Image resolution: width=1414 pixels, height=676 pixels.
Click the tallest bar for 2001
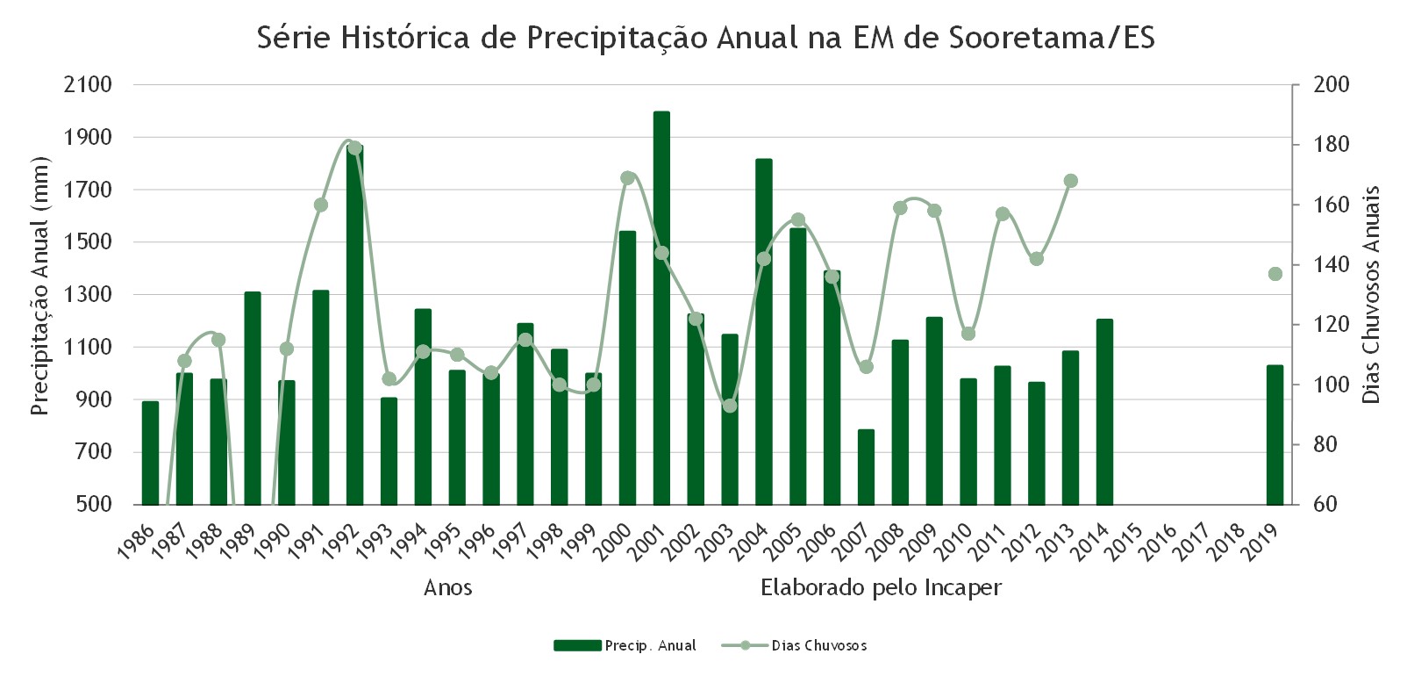click(x=661, y=307)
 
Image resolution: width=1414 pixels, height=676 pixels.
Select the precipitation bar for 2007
click(x=866, y=467)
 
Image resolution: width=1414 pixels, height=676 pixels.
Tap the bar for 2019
click(x=1275, y=435)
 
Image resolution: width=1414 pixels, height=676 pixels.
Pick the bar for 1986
click(x=150, y=453)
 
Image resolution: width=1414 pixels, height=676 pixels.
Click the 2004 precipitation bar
click(x=764, y=332)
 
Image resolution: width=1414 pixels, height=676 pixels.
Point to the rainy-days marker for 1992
click(x=354, y=147)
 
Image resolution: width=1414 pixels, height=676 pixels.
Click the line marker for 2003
click(x=730, y=406)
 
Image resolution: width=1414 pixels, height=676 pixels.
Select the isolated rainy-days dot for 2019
click(x=1275, y=274)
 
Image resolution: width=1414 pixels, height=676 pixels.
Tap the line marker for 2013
click(x=1071, y=181)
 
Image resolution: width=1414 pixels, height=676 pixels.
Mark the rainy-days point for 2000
click(x=627, y=177)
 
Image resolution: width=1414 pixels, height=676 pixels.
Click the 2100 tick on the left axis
click(x=88, y=84)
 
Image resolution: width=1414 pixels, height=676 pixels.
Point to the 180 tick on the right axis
click(x=1332, y=145)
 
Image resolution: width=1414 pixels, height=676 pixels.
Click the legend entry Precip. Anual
click(x=625, y=645)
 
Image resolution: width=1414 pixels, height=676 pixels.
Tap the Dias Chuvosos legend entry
click(x=794, y=645)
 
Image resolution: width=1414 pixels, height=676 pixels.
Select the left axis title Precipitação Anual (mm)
click(x=39, y=285)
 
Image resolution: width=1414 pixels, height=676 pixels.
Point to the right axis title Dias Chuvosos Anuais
click(x=1371, y=294)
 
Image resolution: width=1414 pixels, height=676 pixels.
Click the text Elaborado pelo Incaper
click(x=882, y=587)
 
